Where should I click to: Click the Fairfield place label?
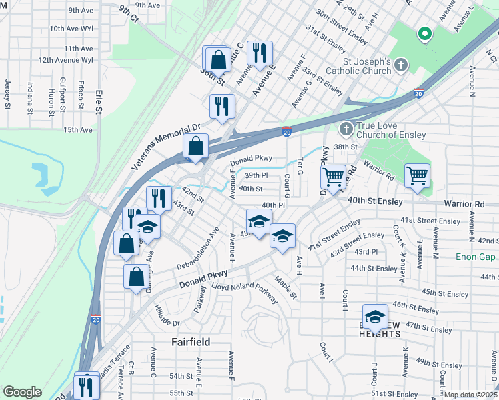(x=191, y=342)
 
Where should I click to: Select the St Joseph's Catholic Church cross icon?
(x=400, y=65)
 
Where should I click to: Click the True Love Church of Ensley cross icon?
(x=346, y=128)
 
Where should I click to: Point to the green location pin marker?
(x=423, y=33)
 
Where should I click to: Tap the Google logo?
(x=22, y=392)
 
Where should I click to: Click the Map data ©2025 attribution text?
(x=470, y=395)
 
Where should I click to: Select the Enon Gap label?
(x=476, y=257)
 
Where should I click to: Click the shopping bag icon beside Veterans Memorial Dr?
(x=195, y=146)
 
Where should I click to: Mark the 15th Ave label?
(x=78, y=129)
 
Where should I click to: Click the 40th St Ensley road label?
(x=375, y=201)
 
